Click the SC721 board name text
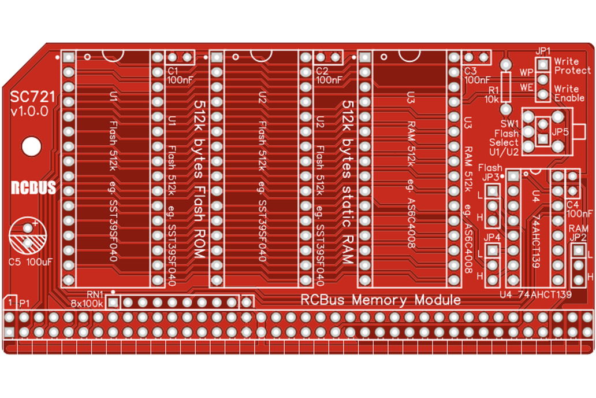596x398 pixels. pyautogui.click(x=32, y=97)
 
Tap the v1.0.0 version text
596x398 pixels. pyautogui.click(x=29, y=112)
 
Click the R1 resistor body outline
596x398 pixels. pyautogui.click(x=506, y=86)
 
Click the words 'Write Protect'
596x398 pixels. pyautogui.click(x=572, y=65)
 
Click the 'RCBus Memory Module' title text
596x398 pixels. pyautogui.click(x=381, y=300)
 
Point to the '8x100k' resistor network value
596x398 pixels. pyautogui.click(x=87, y=303)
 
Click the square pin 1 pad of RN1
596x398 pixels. pyautogui.click(x=114, y=302)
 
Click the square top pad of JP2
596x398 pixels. pyautogui.click(x=578, y=251)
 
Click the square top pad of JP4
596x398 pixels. pyautogui.click(x=492, y=250)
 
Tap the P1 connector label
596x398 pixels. pyautogui.click(x=24, y=303)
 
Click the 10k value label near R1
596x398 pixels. pyautogui.click(x=491, y=99)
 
